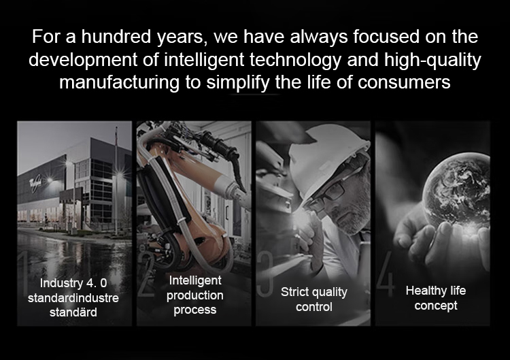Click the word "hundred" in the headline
pos(116,37)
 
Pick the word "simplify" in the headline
pos(239,82)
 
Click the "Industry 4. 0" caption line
pos(73,283)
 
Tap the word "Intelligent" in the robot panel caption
pos(195,280)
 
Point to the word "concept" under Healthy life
pos(436,306)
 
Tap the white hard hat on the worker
pos(328,157)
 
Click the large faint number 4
pos(386,273)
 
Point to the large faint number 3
pos(265,273)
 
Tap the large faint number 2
pos(146,273)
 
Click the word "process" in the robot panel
pos(195,310)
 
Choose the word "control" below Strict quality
pos(314,307)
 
